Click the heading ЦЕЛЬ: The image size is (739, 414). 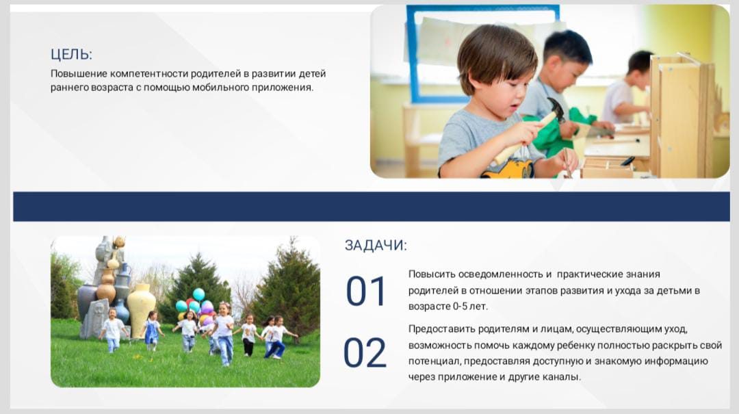click(x=71, y=54)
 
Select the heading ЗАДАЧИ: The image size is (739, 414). click(x=376, y=245)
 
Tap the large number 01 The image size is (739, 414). click(x=366, y=291)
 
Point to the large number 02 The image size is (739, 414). click(x=365, y=352)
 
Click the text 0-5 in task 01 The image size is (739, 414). click(x=460, y=307)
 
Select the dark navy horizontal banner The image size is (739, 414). click(x=372, y=207)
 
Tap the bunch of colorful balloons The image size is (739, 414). click(x=194, y=307)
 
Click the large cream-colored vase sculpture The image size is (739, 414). click(x=141, y=309)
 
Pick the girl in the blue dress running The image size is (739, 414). click(x=152, y=331)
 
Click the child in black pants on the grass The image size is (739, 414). click(x=248, y=335)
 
